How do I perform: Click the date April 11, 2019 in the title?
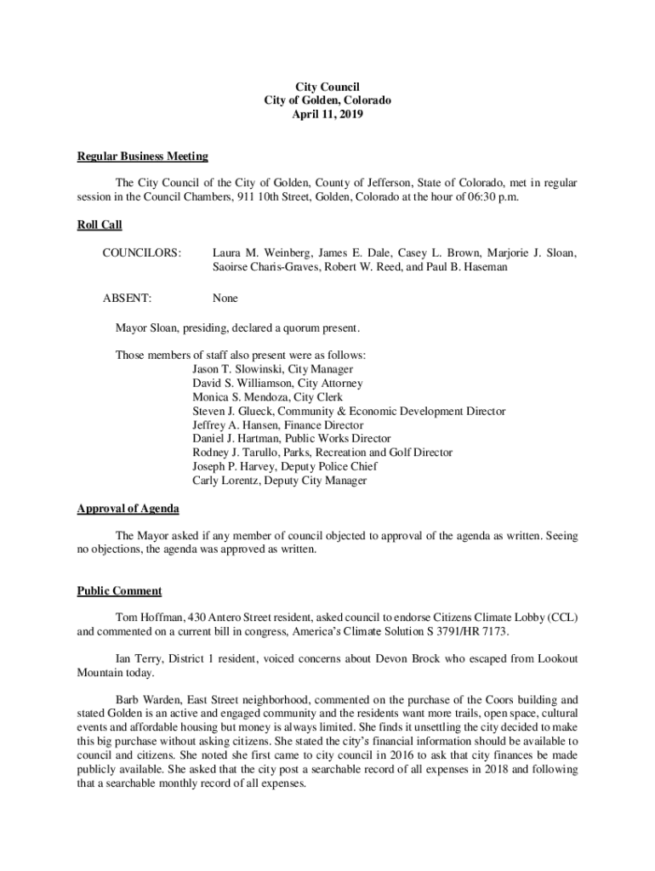pos(327,114)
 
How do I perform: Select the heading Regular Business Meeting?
pos(142,157)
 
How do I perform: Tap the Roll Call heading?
pos(100,225)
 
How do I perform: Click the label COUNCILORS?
pos(141,253)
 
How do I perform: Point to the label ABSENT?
pos(127,299)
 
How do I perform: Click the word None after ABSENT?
pos(225,299)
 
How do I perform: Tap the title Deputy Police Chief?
pos(339,466)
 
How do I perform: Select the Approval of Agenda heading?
pos(128,509)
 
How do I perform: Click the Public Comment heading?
pos(119,591)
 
